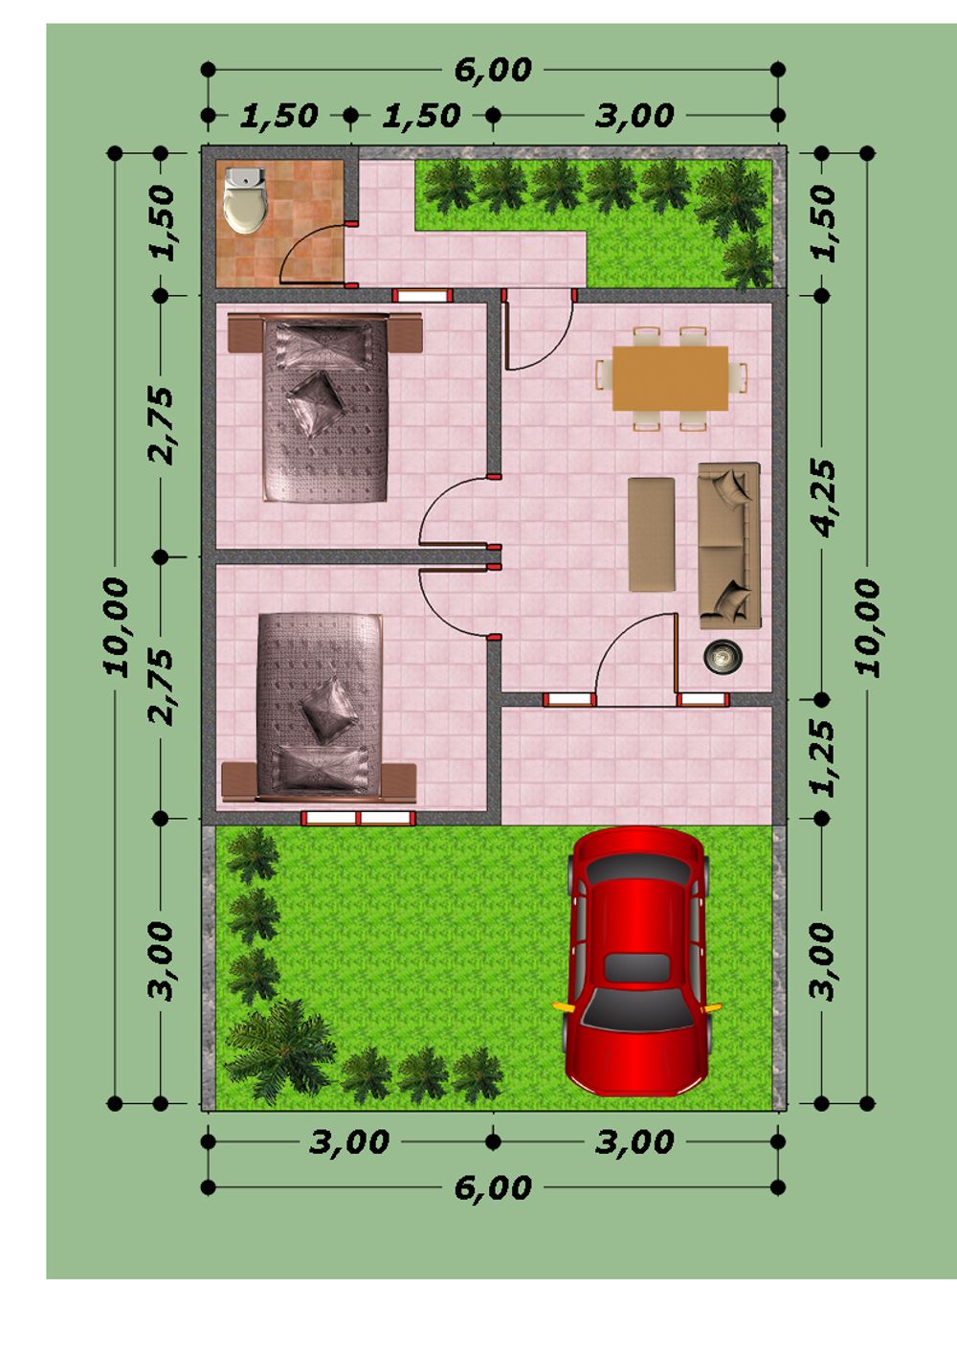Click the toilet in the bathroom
tap(245, 200)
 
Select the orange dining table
tap(670, 378)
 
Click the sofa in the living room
tap(729, 546)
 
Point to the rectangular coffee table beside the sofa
tap(652, 534)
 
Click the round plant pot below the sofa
tap(723, 655)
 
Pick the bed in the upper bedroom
tap(324, 408)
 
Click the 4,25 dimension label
tap(823, 497)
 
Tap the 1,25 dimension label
tap(823, 758)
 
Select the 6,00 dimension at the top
tap(493, 70)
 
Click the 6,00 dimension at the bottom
tap(493, 1188)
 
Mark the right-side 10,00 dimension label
tap(867, 627)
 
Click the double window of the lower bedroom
tap(359, 819)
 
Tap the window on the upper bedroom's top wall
tap(422, 296)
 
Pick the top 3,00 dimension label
tap(634, 116)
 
